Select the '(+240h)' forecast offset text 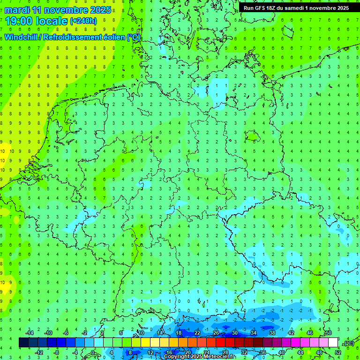pyautogui.click(x=83, y=21)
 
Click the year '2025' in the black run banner pyautogui.click(x=340, y=8)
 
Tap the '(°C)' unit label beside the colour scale pyautogui.click(x=348, y=344)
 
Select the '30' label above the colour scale pyautogui.click(x=235, y=333)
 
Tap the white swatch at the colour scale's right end pyautogui.click(x=333, y=343)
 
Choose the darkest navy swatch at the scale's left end pyautogui.click(x=23, y=343)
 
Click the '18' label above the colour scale pyautogui.click(x=179, y=333)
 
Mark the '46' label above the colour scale pyautogui.click(x=310, y=333)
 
